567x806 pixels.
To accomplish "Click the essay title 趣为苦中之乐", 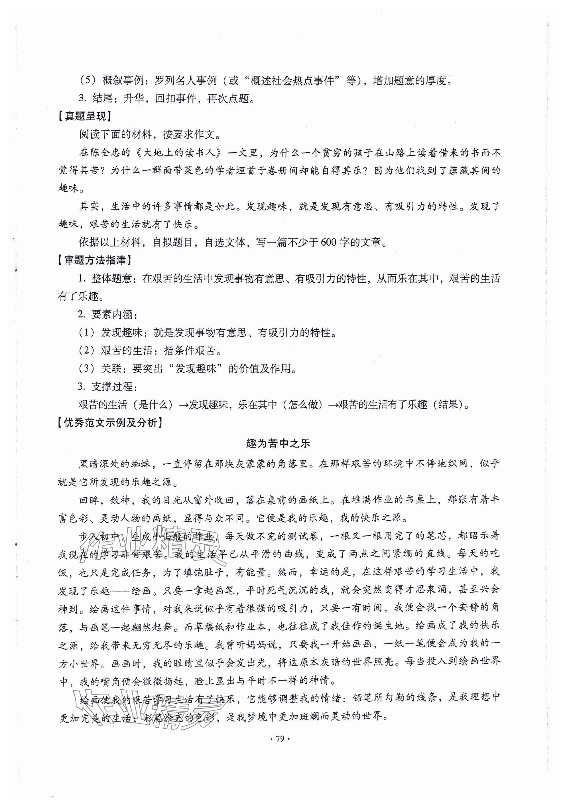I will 278,444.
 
